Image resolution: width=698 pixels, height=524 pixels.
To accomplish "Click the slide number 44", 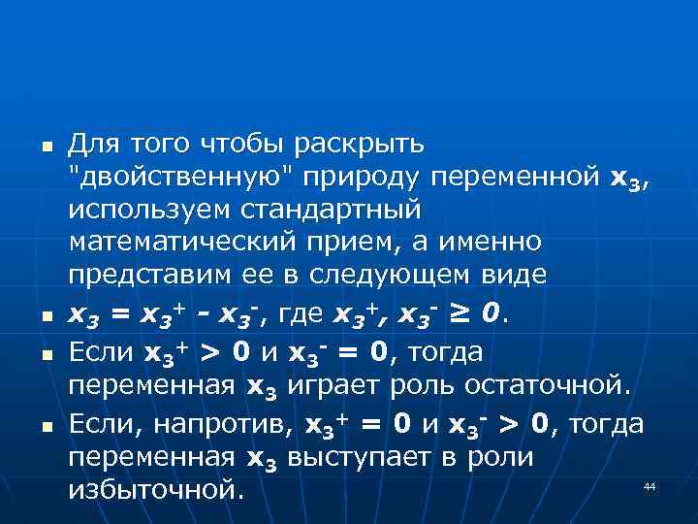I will [x=650, y=485].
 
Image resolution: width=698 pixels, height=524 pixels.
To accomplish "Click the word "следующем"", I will [x=416, y=274].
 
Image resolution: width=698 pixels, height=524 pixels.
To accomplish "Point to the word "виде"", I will [x=518, y=274].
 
